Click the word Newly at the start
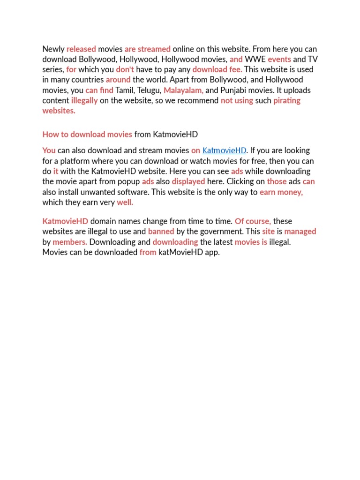coord(53,49)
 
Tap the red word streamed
coord(154,49)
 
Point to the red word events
coord(279,60)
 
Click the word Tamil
coord(125,90)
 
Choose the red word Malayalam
coord(183,90)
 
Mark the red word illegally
coord(84,101)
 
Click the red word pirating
coord(287,101)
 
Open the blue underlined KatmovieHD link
coord(224,151)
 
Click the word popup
coord(129,182)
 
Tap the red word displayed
coord(188,182)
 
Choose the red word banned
coord(161,232)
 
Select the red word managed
coord(300,232)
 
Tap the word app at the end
coord(212,253)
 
